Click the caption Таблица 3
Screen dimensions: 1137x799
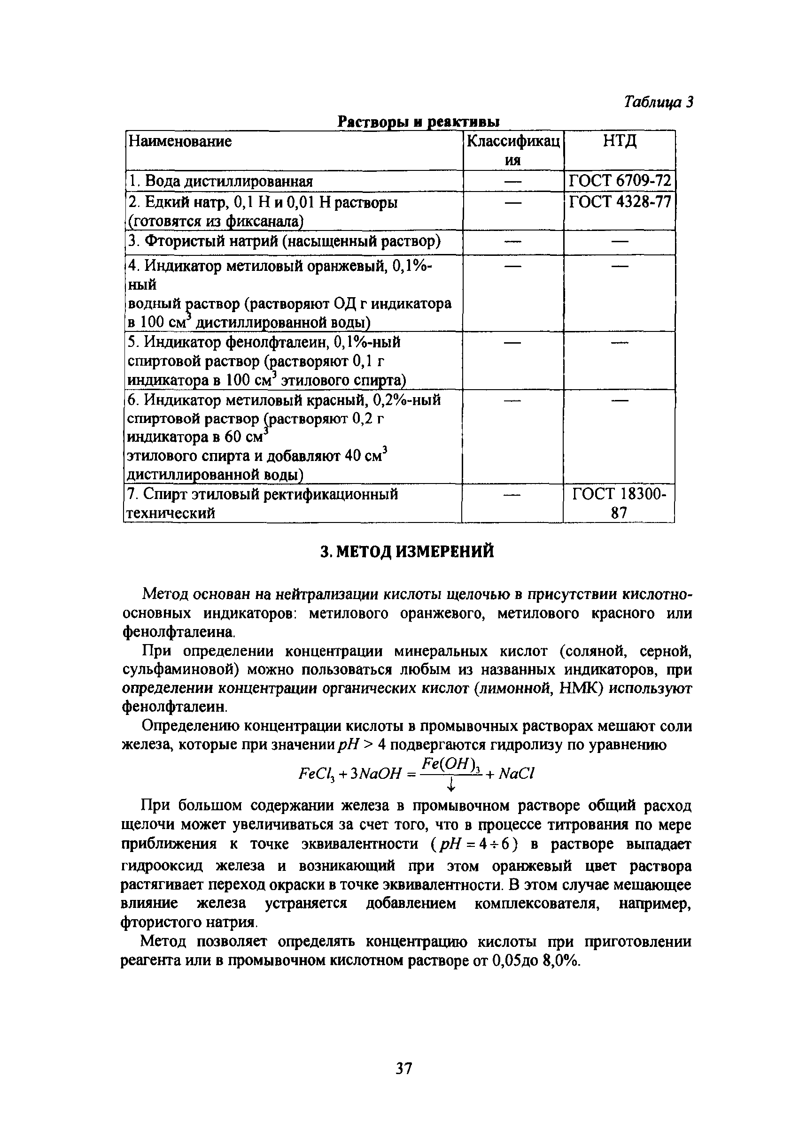coord(658,101)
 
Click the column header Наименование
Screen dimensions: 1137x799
coord(180,142)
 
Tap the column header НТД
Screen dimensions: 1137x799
coord(620,142)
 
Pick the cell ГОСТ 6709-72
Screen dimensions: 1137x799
coord(620,181)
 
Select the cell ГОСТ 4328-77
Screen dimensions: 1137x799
coord(620,202)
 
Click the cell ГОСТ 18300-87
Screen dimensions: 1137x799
coord(619,503)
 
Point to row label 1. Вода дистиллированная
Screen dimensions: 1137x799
coord(220,181)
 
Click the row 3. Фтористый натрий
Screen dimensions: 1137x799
coord(284,242)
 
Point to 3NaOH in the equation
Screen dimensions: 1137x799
coord(374,774)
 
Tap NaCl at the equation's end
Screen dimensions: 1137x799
coord(516,773)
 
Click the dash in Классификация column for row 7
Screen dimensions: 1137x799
coord(512,495)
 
